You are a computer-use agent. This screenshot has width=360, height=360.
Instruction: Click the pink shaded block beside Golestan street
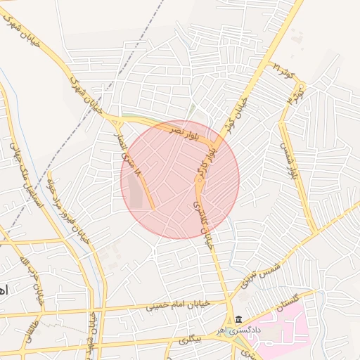click(278, 330)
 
